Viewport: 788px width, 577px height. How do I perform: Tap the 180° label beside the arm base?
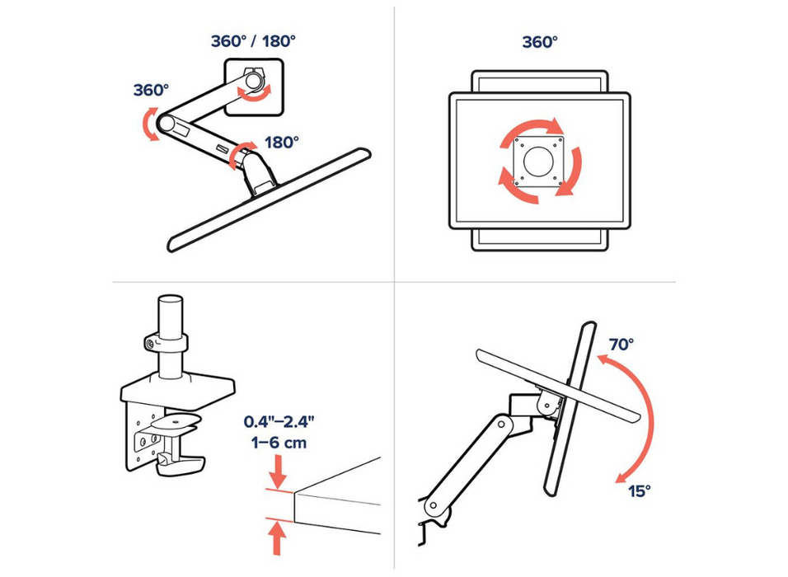(282, 143)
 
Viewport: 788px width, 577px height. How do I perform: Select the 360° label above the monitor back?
(539, 41)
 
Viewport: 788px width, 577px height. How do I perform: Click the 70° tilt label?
(622, 344)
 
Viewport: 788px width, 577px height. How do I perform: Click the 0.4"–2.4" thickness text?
(278, 422)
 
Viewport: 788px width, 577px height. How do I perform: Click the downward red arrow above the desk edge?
(278, 472)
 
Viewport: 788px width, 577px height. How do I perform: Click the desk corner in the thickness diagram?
(298, 494)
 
